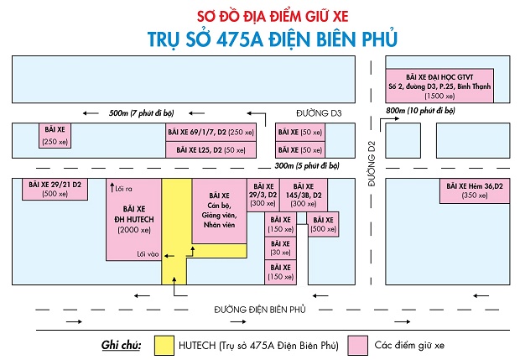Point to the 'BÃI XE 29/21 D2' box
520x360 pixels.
pos(55,189)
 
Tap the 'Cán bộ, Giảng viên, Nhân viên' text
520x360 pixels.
pos(218,214)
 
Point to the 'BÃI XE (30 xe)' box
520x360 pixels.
pos(279,248)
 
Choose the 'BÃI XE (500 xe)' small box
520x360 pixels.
pos(323,224)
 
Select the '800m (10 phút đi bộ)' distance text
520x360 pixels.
pos(426,111)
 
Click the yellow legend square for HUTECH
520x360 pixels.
pos(164,345)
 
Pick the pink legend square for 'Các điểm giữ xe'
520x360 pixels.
pos(360,345)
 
